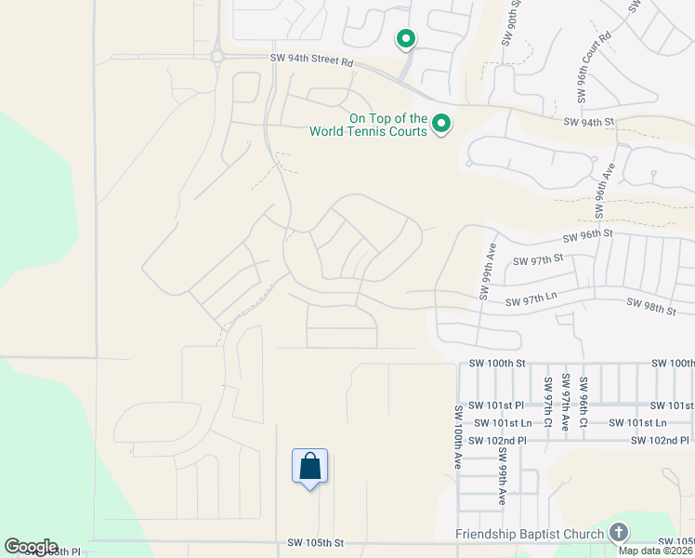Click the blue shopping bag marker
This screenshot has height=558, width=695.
309,465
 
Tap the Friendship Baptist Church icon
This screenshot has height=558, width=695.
619,533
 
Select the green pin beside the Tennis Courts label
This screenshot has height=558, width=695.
442,123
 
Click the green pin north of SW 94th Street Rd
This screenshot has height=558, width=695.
405,39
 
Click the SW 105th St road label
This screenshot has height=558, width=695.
315,542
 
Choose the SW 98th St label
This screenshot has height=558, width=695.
651,305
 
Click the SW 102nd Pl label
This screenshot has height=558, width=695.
497,440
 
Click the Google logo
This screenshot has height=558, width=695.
31,547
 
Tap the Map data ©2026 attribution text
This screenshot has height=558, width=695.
655,551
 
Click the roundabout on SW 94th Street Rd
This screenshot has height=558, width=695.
216,57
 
